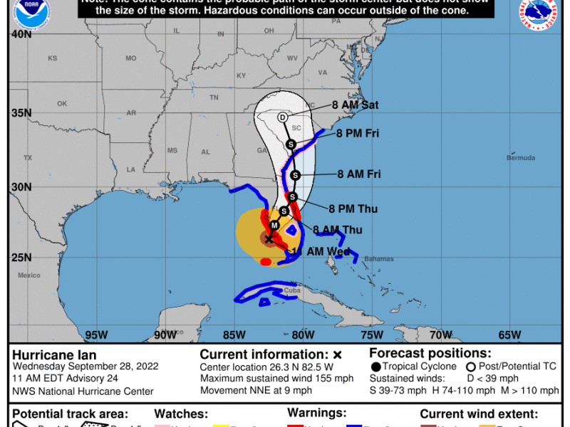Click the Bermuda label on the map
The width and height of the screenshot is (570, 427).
[x=521, y=157]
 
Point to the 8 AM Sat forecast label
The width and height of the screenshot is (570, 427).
[x=355, y=105]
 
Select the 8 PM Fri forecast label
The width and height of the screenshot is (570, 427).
[x=358, y=133]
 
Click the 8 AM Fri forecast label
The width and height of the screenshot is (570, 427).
[x=360, y=174]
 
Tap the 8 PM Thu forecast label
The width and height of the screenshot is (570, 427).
[x=353, y=209]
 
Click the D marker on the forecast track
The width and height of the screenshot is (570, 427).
[x=282, y=117]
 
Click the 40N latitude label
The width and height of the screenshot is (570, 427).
[x=21, y=34]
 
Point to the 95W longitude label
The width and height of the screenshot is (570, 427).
[x=96, y=335]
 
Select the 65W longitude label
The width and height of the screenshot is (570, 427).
[x=509, y=335]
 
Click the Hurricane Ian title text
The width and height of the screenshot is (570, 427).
[x=53, y=354]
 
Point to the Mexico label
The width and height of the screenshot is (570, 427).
[x=29, y=275]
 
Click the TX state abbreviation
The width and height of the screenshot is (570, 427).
[x=28, y=158]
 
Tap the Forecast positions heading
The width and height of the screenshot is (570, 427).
[x=418, y=352]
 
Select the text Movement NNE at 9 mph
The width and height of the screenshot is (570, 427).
[x=256, y=390]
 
